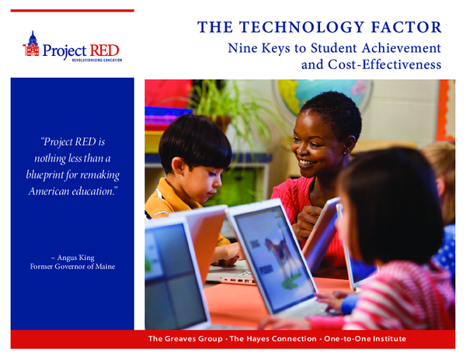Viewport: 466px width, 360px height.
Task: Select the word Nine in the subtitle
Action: pos(242,48)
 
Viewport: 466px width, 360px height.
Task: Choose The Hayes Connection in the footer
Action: pos(268,340)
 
